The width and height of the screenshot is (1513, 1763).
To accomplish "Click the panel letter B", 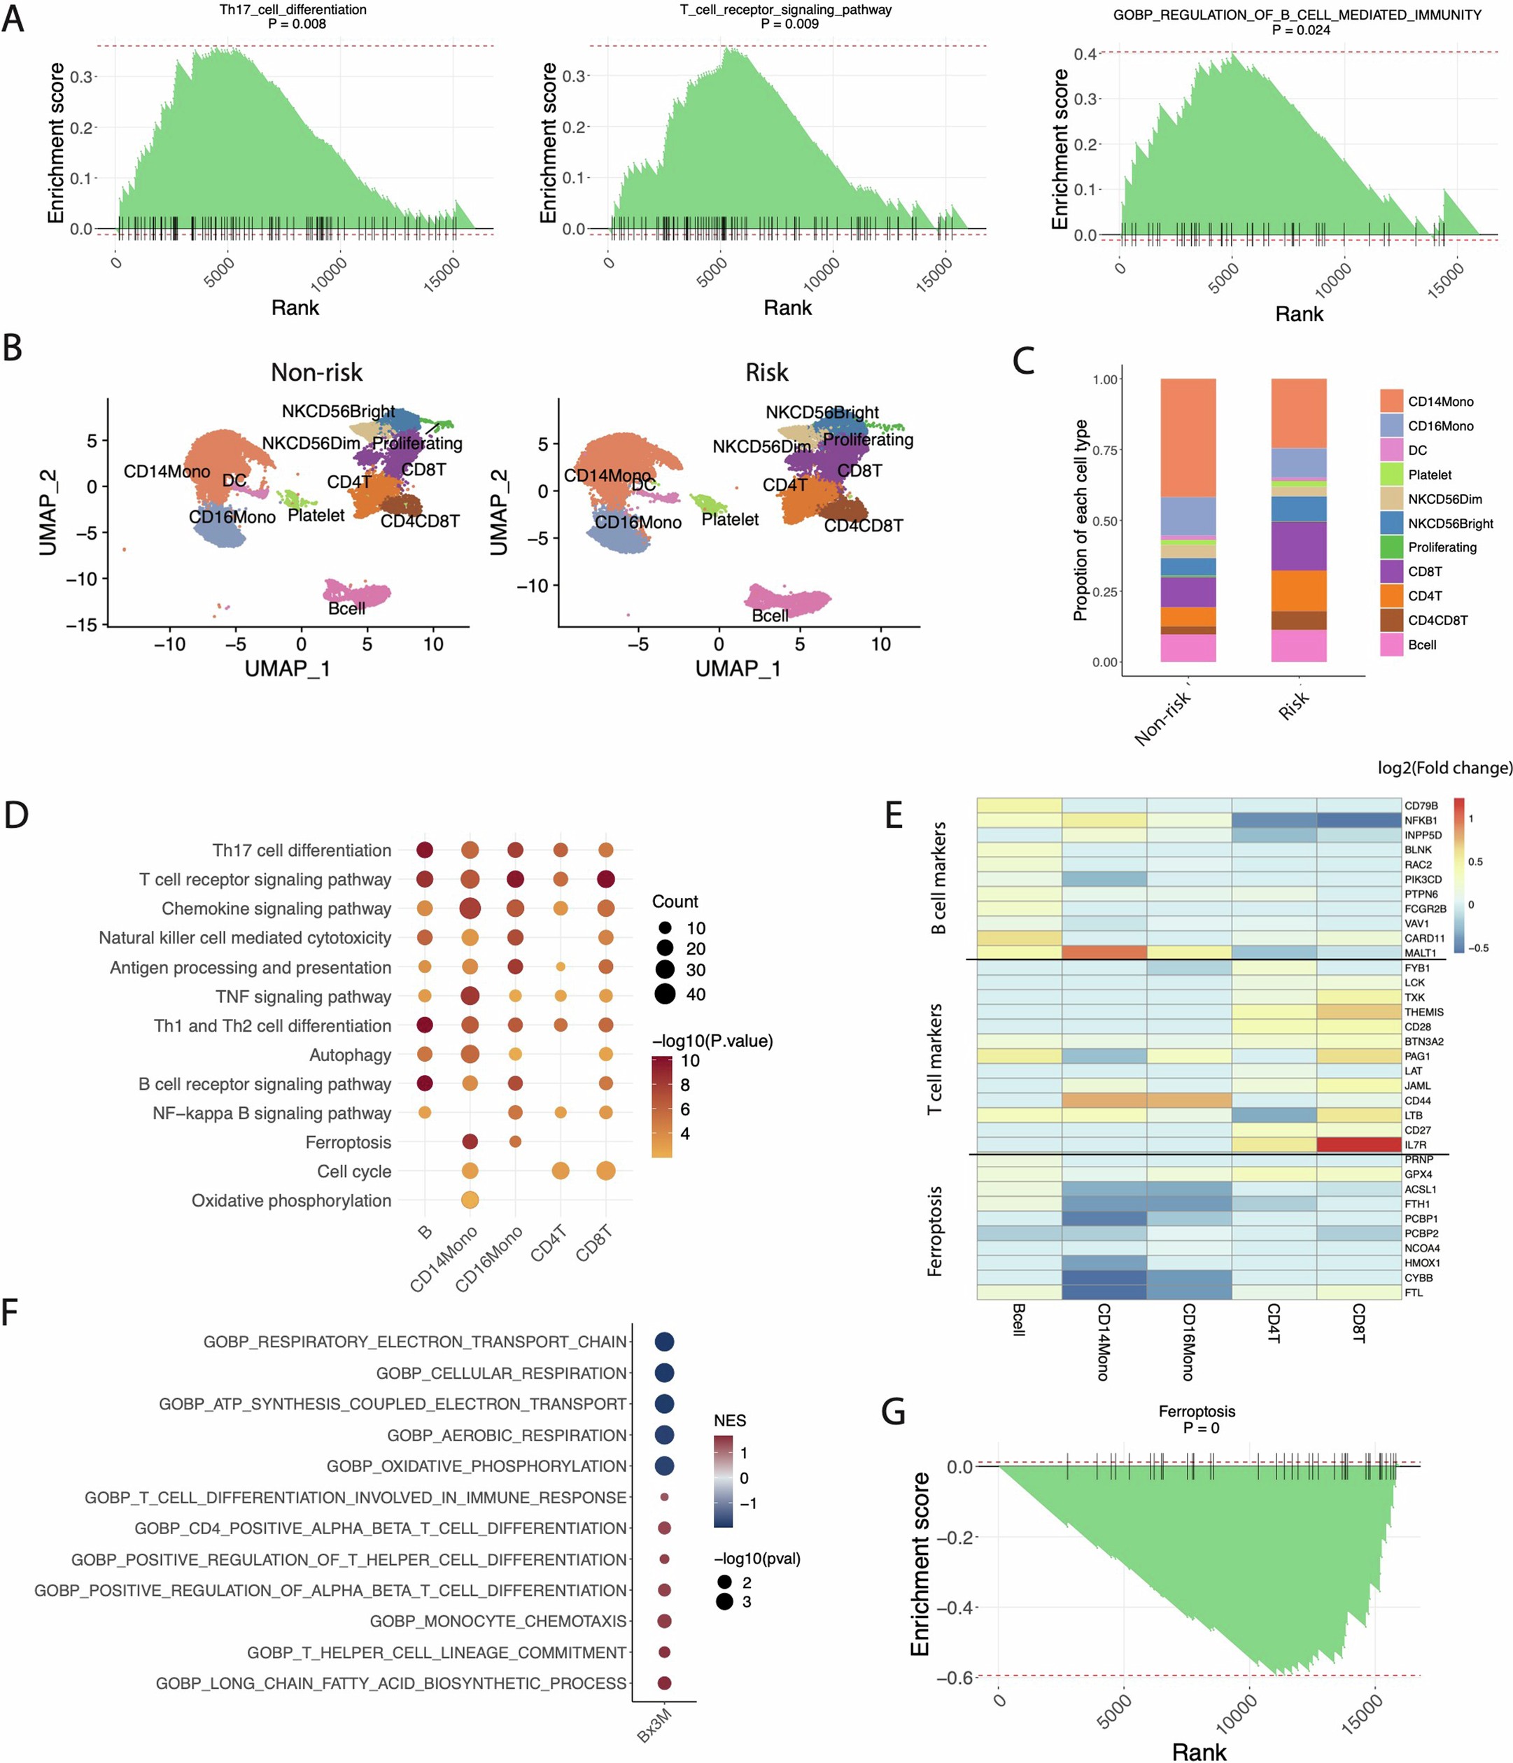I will pyautogui.click(x=13, y=347).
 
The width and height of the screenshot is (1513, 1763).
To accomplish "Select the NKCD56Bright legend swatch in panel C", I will pyautogui.click(x=1391, y=522).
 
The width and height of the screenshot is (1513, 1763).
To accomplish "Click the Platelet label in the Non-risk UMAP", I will pyautogui.click(x=316, y=515).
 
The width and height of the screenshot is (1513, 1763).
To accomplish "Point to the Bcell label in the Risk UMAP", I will pyautogui.click(x=769, y=615).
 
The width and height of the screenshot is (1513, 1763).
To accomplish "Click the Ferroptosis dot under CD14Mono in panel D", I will pyautogui.click(x=469, y=1141).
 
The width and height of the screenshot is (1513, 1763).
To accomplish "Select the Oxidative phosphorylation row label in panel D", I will pyautogui.click(x=291, y=1200).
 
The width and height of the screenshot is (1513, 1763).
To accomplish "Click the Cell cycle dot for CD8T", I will pyautogui.click(x=605, y=1171).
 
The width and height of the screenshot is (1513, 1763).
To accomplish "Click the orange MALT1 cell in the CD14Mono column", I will pyautogui.click(x=1104, y=952).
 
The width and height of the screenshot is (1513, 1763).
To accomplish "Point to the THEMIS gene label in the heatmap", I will pyautogui.click(x=1423, y=1012).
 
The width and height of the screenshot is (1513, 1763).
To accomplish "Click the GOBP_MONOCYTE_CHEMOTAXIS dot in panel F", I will pyautogui.click(x=665, y=1620).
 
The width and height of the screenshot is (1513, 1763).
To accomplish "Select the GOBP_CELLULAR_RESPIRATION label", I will pyautogui.click(x=501, y=1372).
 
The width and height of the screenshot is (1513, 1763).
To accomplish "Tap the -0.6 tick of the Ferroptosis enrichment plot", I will pyautogui.click(x=954, y=1678).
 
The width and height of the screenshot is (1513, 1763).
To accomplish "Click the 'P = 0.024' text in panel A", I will pyautogui.click(x=1300, y=30).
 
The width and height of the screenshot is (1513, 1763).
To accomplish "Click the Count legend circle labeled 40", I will pyautogui.click(x=665, y=993).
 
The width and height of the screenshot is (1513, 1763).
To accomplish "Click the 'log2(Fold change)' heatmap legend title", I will pyautogui.click(x=1444, y=768).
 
